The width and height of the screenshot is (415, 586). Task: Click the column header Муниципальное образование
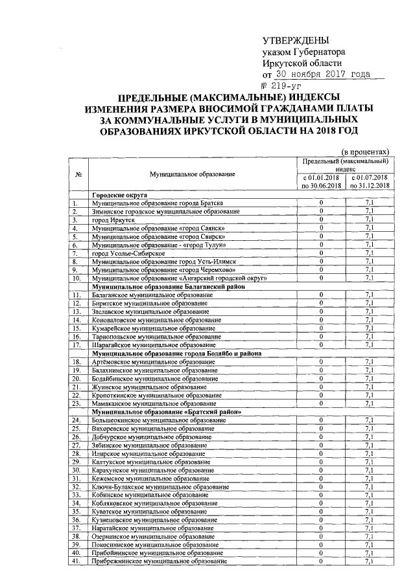pos(192,174)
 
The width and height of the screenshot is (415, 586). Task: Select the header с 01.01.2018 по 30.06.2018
pos(321,181)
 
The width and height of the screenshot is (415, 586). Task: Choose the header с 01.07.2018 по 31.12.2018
pos(368,181)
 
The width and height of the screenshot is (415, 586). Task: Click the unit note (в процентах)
pos(365,148)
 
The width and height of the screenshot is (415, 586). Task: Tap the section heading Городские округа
pos(121,195)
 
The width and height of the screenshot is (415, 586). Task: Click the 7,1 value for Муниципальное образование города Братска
pos(368,203)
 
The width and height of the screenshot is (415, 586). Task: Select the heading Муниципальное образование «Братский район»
pos(167,412)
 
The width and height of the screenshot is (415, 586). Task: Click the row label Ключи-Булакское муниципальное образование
pos(160,486)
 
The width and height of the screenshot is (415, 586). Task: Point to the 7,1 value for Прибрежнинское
pos(368,561)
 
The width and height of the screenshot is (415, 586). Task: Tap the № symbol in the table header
pos(78,174)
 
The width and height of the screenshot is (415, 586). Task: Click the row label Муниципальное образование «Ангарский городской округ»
pos(171,278)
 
